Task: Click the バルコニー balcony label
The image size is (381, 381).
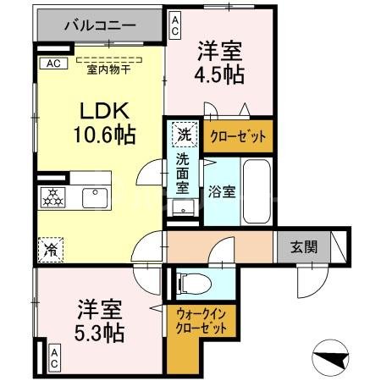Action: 101,25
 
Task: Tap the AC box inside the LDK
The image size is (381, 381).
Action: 52,63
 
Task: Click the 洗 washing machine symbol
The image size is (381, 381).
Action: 184,134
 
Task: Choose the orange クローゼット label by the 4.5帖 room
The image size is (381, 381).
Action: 236,135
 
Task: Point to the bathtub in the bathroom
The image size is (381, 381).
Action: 257,191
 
